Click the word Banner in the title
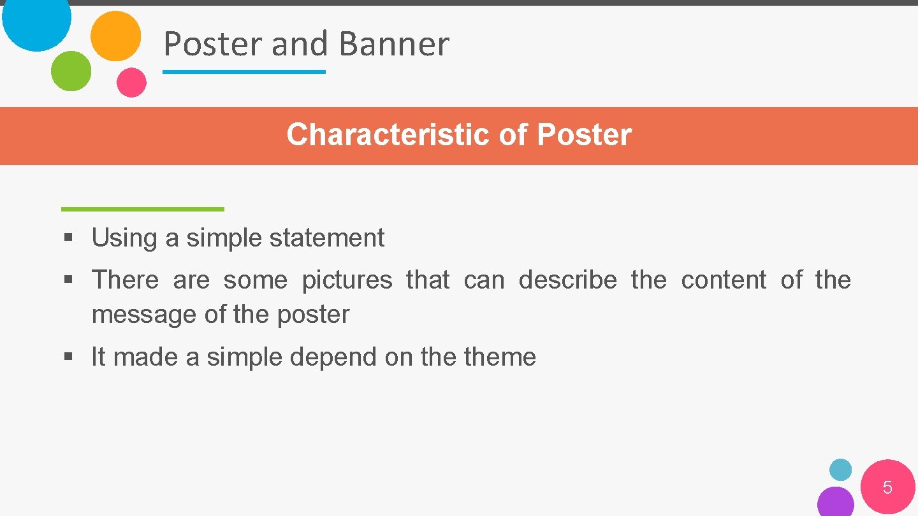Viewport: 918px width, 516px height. coord(394,44)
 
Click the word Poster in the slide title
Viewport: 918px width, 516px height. coord(213,44)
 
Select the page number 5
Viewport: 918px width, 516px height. coord(887,488)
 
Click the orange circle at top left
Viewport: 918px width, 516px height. coord(115,36)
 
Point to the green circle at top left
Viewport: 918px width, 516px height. coord(71,71)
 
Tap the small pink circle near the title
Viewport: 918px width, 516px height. coord(131,82)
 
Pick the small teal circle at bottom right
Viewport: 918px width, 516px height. coord(840,469)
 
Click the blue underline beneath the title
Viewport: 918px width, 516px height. coord(244,72)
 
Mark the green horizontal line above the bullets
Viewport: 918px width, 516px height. coord(143,209)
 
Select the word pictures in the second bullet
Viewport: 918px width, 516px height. coord(347,280)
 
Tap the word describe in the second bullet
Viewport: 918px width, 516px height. coord(567,280)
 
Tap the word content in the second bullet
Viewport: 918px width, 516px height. coord(724,280)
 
